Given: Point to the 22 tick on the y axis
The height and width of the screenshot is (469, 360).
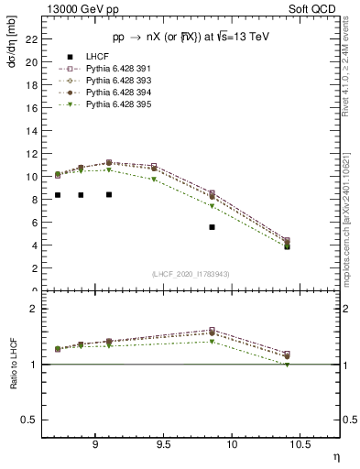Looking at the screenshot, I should pyautogui.click(x=33, y=38).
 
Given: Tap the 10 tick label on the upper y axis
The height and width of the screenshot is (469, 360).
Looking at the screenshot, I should pyautogui.click(x=33, y=177).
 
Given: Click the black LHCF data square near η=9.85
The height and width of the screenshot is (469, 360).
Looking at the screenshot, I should pyautogui.click(x=213, y=227).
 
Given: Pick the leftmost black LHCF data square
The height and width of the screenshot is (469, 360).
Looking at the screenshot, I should pyautogui.click(x=58, y=195).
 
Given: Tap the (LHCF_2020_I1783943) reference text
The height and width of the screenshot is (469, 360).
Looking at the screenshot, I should pyautogui.click(x=191, y=274).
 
